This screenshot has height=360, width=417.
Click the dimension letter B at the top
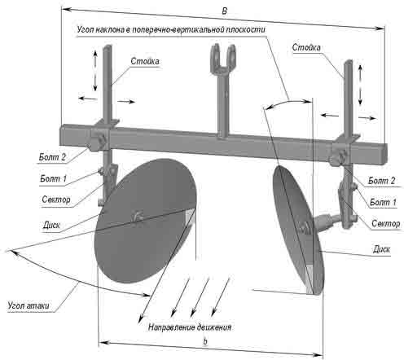224,11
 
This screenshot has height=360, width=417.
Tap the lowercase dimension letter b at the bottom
205,341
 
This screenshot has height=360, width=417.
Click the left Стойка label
145,61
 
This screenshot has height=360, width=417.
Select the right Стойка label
306,47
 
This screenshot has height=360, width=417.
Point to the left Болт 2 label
52,157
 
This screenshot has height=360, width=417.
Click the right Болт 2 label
381,181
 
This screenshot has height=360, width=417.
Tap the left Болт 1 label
53,178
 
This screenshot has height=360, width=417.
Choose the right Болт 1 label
383,202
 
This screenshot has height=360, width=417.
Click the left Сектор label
56,200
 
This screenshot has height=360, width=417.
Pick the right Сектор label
385,224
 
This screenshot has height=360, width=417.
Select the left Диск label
51,225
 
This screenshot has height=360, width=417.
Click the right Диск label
381,249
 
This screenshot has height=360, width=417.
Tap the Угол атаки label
29,305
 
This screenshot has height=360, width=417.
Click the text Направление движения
190,327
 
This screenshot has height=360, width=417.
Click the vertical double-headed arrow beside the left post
95,71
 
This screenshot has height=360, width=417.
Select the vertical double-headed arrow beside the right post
360,85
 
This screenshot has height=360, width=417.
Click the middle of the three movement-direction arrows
200,297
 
